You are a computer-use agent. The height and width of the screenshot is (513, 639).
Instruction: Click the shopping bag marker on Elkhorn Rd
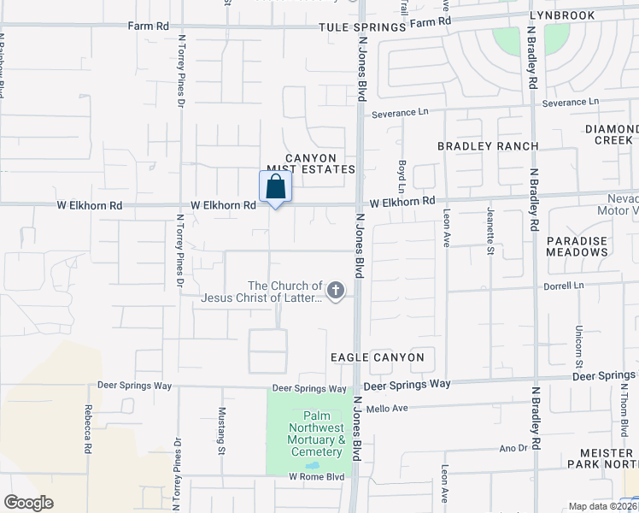[275, 186]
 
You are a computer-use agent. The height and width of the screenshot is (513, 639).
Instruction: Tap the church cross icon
[336, 292]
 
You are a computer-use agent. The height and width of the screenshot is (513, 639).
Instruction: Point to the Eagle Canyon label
[377, 357]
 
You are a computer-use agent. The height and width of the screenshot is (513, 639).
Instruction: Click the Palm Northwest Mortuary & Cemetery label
[315, 433]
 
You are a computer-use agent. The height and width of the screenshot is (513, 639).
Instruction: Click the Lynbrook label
[584, 15]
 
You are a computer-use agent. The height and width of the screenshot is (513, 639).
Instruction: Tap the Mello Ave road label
[396, 409]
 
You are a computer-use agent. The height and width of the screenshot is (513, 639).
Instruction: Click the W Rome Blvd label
[316, 476]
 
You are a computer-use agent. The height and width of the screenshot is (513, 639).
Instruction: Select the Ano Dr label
[513, 448]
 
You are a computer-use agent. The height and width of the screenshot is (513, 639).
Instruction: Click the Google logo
[28, 503]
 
